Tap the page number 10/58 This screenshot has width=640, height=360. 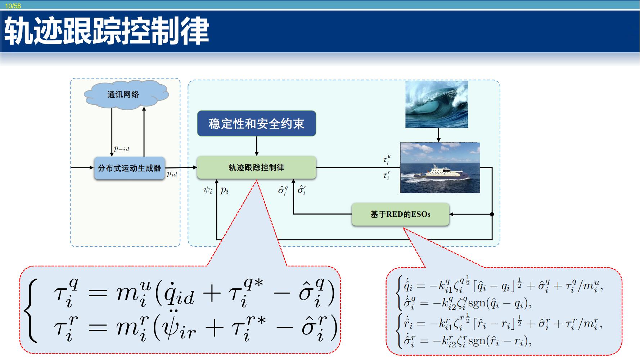tap(13, 6)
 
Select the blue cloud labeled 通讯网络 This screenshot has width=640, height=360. tap(126, 94)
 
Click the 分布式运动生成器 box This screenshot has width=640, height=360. tap(130, 168)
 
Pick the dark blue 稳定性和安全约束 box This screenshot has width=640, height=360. tap(256, 123)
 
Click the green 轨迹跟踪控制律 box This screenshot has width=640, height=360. tap(256, 167)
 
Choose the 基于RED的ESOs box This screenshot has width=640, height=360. tap(400, 214)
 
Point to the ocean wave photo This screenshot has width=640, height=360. tap(437, 104)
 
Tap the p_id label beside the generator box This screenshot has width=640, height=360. tap(172, 174)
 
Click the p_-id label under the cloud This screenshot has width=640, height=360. tap(121, 149)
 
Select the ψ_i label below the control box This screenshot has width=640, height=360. tap(208, 190)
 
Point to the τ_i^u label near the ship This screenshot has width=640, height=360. tap(387, 159)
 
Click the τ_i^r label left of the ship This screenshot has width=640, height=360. tap(387, 175)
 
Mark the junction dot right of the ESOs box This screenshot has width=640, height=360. tap(492, 214)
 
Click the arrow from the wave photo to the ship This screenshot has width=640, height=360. tap(438, 135)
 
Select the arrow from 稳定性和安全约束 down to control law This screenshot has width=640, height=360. tap(257, 146)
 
